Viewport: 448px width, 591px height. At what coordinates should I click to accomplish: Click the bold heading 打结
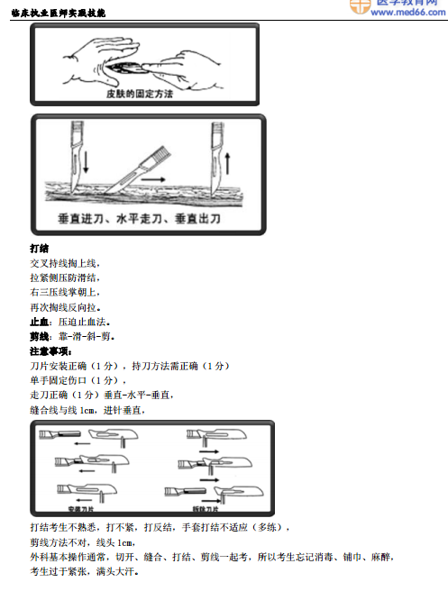[39, 248]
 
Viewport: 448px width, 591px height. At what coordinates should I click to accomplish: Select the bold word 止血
[39, 321]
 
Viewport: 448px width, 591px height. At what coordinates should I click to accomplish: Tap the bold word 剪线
[39, 335]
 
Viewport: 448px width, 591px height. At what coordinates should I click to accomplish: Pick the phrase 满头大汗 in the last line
[119, 571]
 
